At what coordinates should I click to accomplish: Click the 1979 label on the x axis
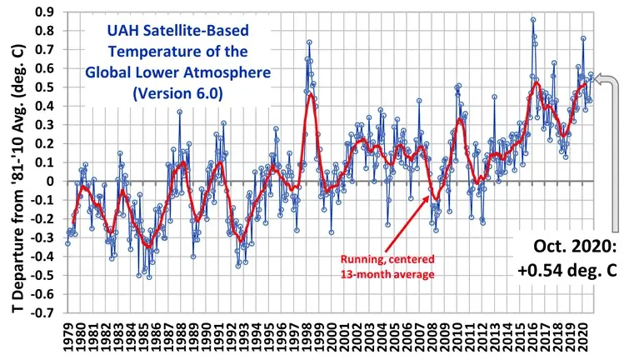pyautogui.click(x=67, y=339)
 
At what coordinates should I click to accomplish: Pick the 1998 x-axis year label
pyautogui.click(x=309, y=339)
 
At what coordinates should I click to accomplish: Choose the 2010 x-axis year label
pyautogui.click(x=462, y=339)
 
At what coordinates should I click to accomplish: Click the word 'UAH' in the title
pyautogui.click(x=121, y=36)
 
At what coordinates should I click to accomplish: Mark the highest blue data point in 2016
pyautogui.click(x=533, y=20)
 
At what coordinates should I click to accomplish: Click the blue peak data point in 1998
pyautogui.click(x=309, y=42)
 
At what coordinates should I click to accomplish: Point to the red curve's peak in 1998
pyautogui.click(x=311, y=94)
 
